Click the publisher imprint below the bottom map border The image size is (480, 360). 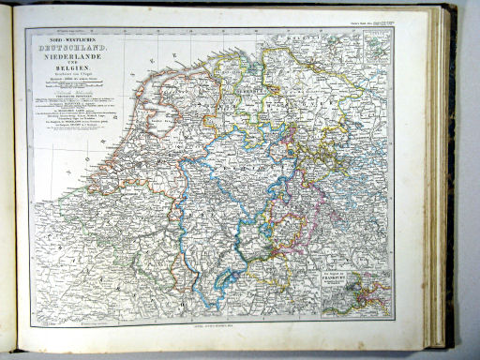point(218,321)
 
